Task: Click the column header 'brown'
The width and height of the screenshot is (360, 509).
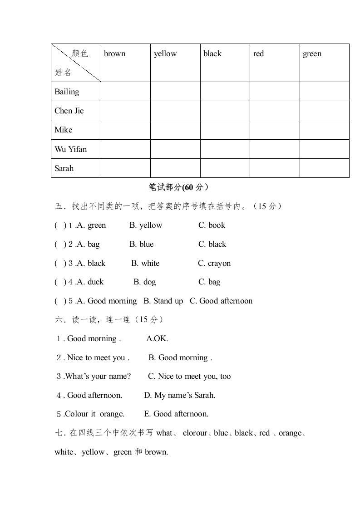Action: tap(114, 54)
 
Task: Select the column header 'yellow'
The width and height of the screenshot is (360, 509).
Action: tap(165, 54)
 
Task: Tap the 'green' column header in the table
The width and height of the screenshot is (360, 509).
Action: tap(312, 54)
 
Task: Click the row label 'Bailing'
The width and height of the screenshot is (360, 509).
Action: tap(67, 92)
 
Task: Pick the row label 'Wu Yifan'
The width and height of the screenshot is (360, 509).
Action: tap(70, 149)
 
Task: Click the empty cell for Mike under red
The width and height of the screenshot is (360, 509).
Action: tap(274, 130)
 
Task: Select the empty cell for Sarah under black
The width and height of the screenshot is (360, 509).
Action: tap(225, 168)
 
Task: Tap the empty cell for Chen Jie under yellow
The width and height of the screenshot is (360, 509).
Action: tap(175, 111)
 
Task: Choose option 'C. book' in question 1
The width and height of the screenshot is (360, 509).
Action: tap(212, 225)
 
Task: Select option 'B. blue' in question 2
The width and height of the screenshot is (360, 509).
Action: tap(141, 244)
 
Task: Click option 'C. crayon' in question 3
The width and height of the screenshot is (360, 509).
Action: tap(214, 263)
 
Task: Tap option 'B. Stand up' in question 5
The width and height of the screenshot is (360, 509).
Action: tap(163, 301)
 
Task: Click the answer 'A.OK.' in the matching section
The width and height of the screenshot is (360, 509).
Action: tap(157, 338)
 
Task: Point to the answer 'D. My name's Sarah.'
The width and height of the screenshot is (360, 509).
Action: tap(179, 395)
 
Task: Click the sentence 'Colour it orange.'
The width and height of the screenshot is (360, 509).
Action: tap(94, 414)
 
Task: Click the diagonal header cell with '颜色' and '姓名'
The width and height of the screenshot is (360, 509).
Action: tap(76, 63)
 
